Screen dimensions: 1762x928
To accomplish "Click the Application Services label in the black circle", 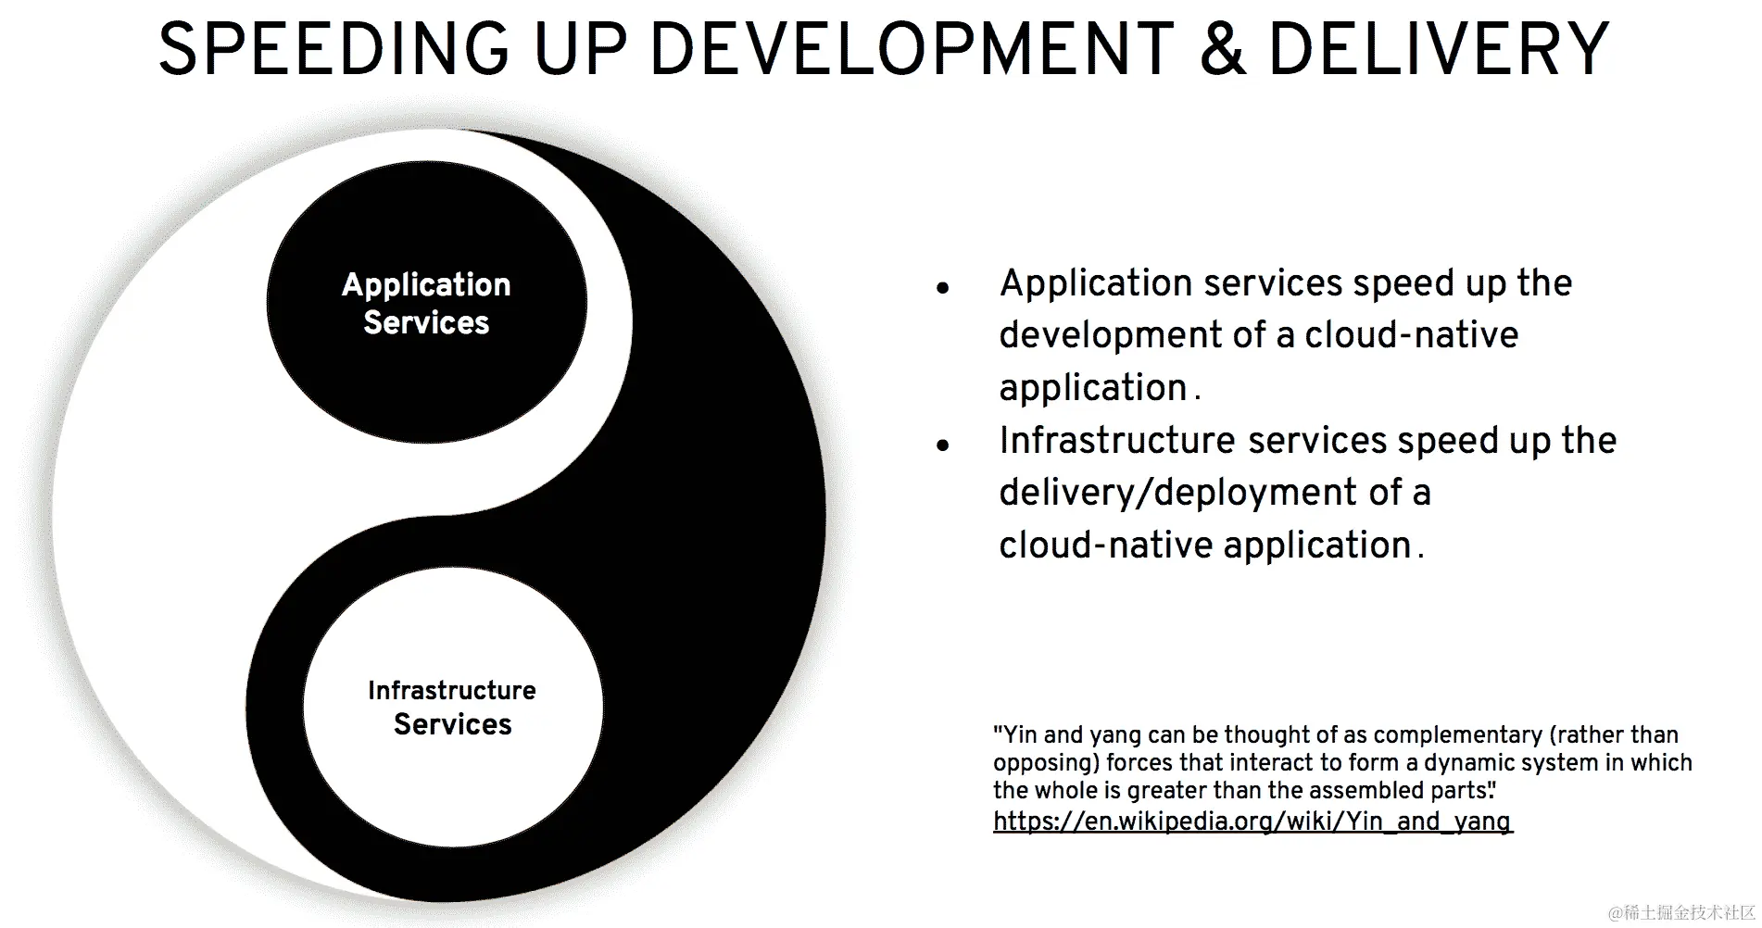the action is pyautogui.click(x=426, y=303).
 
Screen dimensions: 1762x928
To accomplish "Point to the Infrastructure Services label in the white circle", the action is pyautogui.click(x=452, y=707).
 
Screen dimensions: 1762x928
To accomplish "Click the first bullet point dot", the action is pyautogui.click(x=943, y=288).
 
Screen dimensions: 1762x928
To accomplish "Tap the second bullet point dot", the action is pyautogui.click(x=943, y=445).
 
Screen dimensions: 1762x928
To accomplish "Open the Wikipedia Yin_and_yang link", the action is pyautogui.click(x=1252, y=821).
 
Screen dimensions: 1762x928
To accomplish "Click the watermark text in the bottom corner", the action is pyautogui.click(x=1681, y=912).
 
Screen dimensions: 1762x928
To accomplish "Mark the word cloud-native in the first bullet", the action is pyautogui.click(x=1411, y=335).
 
